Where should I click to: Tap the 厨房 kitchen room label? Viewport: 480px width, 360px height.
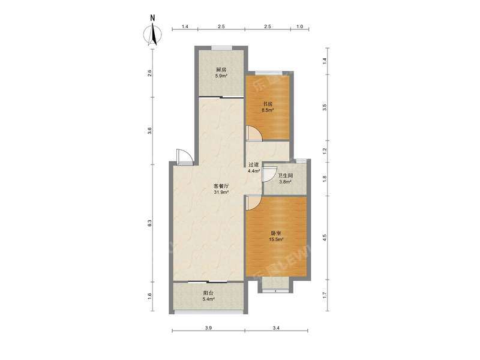pos(221,70)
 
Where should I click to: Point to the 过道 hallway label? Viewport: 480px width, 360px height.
pos(254,164)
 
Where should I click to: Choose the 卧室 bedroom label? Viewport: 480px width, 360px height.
pos(275,234)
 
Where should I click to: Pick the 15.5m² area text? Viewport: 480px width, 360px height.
pos(275,241)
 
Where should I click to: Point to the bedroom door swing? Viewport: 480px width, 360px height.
pos(253,203)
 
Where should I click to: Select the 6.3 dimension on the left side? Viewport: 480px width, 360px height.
pos(149,223)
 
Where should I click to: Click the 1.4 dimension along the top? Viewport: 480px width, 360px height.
pos(185,27)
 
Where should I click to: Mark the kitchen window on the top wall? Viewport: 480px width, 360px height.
pos(221,47)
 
